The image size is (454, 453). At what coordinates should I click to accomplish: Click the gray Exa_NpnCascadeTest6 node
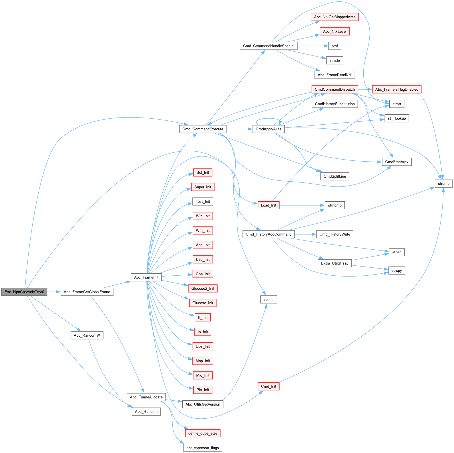(x=24, y=292)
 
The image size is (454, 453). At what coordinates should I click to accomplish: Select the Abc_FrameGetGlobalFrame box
(x=87, y=292)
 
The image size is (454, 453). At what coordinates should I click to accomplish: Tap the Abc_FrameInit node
(x=146, y=277)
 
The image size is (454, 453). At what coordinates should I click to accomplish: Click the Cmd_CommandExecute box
(x=203, y=129)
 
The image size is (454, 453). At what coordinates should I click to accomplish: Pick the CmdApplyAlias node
(x=268, y=129)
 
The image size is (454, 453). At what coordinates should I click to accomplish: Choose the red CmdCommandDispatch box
(x=334, y=89)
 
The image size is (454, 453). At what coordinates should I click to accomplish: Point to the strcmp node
(x=443, y=184)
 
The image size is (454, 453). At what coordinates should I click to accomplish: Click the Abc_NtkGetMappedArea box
(x=334, y=17)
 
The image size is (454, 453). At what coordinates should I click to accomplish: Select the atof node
(x=334, y=46)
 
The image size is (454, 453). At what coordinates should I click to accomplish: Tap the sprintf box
(x=268, y=299)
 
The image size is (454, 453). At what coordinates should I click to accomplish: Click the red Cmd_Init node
(x=268, y=386)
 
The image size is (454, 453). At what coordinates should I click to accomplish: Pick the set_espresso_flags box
(x=202, y=448)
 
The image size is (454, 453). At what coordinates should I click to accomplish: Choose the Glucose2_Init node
(x=203, y=288)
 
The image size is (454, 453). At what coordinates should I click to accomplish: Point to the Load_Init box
(x=268, y=205)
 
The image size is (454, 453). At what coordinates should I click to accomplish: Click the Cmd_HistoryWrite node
(x=334, y=234)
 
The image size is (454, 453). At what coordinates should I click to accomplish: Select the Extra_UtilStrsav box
(x=334, y=263)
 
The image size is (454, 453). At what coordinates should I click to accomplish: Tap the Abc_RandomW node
(x=87, y=335)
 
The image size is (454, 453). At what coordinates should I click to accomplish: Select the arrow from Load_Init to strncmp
(x=302, y=205)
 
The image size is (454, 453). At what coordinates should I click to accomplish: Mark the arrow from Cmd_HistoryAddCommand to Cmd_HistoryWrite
(x=305, y=234)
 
